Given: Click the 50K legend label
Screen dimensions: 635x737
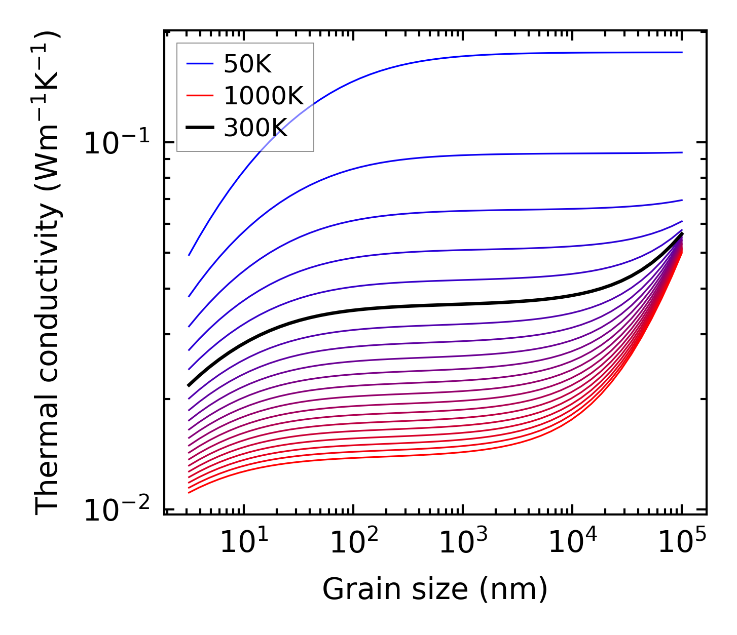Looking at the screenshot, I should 247,64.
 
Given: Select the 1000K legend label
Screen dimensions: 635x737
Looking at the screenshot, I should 263,96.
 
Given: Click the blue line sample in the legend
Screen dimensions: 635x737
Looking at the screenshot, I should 200,64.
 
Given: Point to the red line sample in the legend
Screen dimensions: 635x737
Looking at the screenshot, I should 200,96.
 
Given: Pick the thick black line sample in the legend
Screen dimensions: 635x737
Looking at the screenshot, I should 200,128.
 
